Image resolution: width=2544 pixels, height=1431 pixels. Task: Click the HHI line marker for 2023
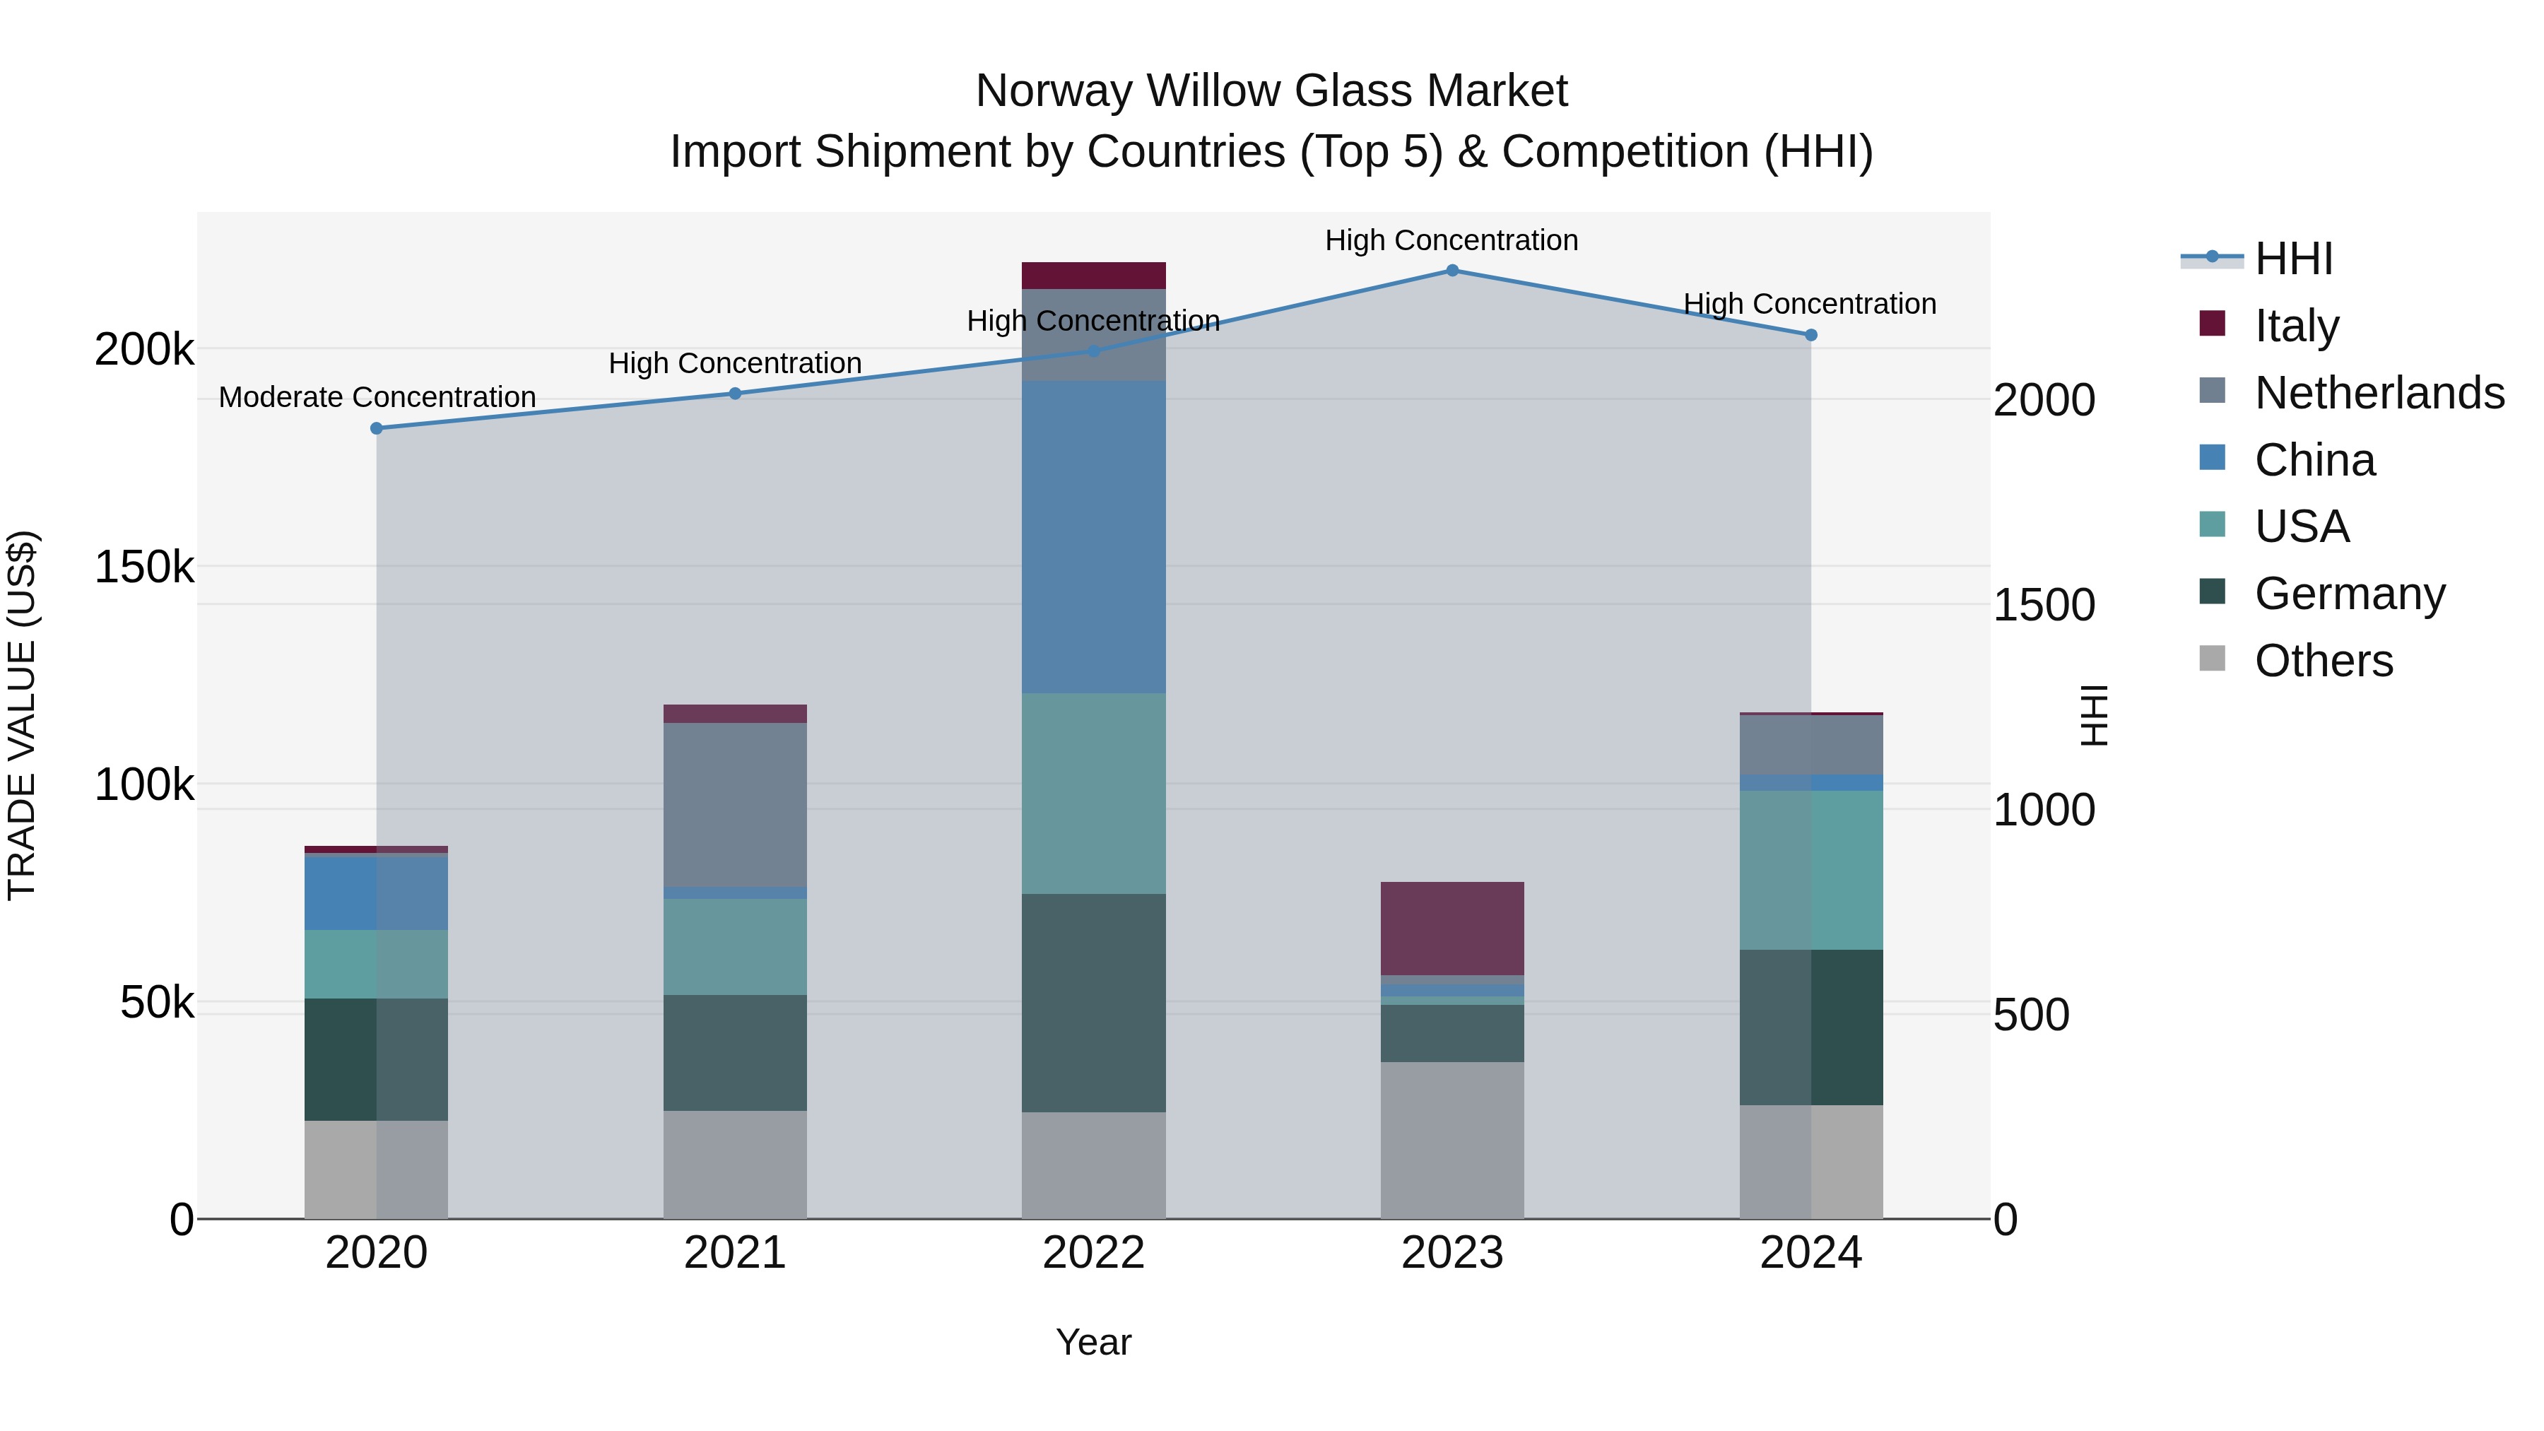pyautogui.click(x=1451, y=271)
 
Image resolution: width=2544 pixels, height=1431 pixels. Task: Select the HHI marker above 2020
pyautogui.click(x=376, y=429)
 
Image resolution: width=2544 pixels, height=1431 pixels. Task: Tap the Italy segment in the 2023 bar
pyautogui.click(x=1451, y=929)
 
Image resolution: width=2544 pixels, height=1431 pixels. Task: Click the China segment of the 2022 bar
pyautogui.click(x=1093, y=537)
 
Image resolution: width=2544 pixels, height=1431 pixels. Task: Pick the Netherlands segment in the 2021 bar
pyautogui.click(x=735, y=805)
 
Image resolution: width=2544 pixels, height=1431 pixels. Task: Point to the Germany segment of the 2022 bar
pyautogui.click(x=1093, y=1002)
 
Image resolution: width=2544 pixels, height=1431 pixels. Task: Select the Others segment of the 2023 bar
pyautogui.click(x=1451, y=1140)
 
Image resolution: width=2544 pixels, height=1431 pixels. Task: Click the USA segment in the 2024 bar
pyautogui.click(x=1810, y=870)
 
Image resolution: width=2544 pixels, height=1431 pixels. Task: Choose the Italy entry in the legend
pyautogui.click(x=2296, y=325)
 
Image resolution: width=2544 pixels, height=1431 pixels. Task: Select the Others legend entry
pyautogui.click(x=2323, y=661)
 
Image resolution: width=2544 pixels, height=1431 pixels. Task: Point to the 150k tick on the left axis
pyautogui.click(x=144, y=568)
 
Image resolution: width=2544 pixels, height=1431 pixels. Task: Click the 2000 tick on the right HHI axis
pyautogui.click(x=2043, y=400)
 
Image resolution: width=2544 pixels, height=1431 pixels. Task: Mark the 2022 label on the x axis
pyautogui.click(x=1093, y=1253)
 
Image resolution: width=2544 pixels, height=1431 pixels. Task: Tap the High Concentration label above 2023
pyautogui.click(x=1451, y=240)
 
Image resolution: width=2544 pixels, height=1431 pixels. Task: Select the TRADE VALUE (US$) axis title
pyautogui.click(x=22, y=715)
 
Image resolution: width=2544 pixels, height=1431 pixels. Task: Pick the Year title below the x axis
pyautogui.click(x=1093, y=1342)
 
